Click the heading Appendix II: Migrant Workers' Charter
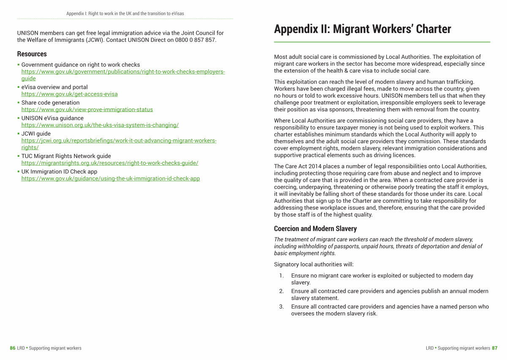[362, 29]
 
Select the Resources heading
[32, 54]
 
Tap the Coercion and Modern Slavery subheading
[315, 229]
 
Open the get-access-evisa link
[69, 94]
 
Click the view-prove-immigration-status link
[87, 109]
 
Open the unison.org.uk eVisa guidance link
[100, 125]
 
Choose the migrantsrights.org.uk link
[109, 163]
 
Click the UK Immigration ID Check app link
[110, 179]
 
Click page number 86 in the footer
[13, 348]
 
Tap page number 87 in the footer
[495, 348]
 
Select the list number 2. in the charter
[281, 291]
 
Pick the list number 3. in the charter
[281, 307]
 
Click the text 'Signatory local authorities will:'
[313, 265]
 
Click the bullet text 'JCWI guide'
[36, 134]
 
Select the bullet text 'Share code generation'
[50, 103]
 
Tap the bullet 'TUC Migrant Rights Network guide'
[66, 156]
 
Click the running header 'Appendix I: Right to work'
[125, 14]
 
